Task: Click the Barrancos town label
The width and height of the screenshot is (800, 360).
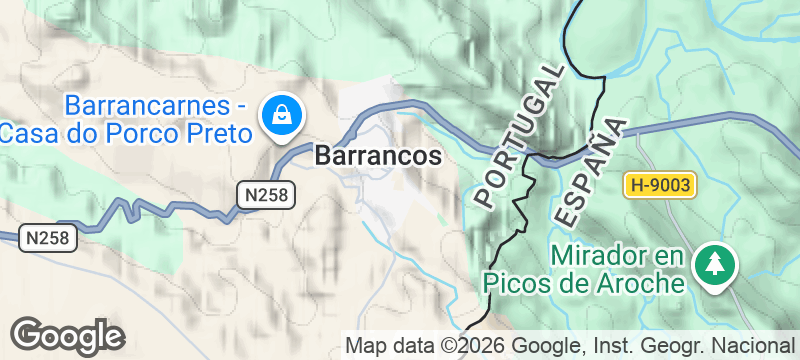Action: pos(378,157)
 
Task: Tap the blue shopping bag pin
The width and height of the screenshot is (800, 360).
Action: pos(283,115)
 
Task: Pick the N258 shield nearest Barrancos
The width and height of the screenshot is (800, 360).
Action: pos(267,194)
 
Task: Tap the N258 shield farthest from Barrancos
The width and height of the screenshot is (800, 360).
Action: pos(47,238)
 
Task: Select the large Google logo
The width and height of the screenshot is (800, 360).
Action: pos(67,337)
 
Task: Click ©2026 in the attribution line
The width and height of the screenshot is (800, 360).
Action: pos(469,346)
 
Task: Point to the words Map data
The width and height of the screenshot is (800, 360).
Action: pos(386,346)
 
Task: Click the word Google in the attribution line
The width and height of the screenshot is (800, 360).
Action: pos(545,346)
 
